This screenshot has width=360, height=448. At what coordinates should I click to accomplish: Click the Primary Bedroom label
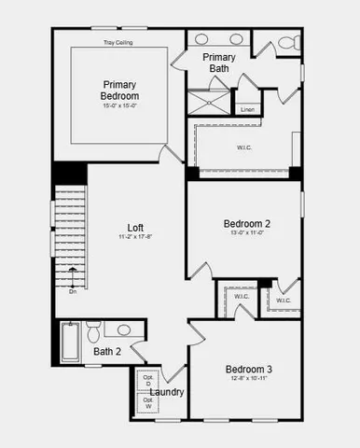click(x=120, y=90)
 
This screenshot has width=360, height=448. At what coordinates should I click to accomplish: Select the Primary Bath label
click(x=219, y=63)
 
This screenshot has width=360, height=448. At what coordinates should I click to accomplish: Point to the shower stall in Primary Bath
click(x=208, y=102)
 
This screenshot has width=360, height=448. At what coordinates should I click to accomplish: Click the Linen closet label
click(x=247, y=109)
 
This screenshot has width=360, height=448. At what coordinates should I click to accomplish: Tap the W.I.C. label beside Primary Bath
click(x=244, y=147)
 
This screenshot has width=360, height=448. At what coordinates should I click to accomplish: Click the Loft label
click(x=136, y=227)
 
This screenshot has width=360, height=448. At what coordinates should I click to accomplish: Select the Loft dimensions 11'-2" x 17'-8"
click(x=136, y=237)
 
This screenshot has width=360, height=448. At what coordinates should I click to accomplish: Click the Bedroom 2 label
click(x=246, y=224)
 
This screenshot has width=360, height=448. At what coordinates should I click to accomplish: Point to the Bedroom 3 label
click(x=248, y=370)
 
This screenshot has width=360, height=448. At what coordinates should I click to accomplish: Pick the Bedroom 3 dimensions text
click(x=248, y=380)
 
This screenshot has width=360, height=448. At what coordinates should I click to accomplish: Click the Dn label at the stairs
click(x=73, y=292)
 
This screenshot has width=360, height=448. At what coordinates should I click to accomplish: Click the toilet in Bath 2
click(x=93, y=333)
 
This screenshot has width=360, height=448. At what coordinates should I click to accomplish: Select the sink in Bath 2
click(x=124, y=329)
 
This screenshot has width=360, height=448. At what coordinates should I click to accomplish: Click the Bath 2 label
click(x=107, y=352)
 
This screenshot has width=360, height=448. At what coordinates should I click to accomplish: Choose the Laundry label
click(x=167, y=392)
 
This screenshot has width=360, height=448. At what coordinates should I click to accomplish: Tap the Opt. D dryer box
click(x=147, y=381)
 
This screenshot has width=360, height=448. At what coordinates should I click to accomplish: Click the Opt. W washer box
click(x=147, y=403)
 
